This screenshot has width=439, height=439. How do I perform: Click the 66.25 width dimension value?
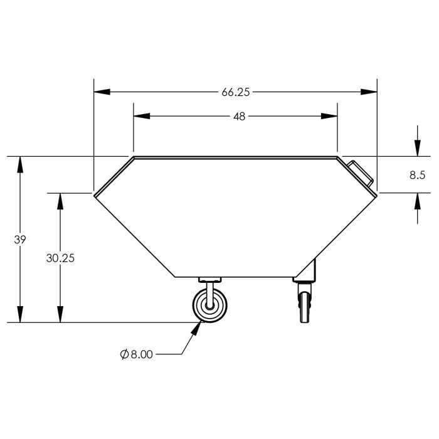pos(235,92)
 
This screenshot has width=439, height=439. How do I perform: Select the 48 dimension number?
pos(240,117)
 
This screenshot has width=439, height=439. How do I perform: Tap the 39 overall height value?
pos(20,240)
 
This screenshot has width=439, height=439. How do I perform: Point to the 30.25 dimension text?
pos(60,258)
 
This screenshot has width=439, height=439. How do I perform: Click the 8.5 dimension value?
pos(418,175)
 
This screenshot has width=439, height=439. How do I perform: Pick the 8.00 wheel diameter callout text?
pos(142,354)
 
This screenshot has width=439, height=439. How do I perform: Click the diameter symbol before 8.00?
pos(124,354)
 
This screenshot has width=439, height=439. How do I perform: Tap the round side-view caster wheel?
pos(209,305)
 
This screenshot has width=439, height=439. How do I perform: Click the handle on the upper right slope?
pos(361,173)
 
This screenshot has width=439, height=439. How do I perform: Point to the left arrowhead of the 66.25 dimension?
pos(102,92)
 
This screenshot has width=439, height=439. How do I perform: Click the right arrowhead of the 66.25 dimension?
pos(369,92)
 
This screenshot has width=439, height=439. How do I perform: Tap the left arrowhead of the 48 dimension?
pos(142,116)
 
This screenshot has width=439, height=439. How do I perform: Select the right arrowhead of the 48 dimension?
pos(329,116)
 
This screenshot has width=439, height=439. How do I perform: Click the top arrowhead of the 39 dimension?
pos(20,165)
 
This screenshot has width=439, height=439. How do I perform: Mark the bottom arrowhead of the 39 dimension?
pos(20,314)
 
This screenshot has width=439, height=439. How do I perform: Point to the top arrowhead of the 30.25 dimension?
pos(60,201)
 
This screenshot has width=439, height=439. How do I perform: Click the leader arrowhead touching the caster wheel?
pos(196,328)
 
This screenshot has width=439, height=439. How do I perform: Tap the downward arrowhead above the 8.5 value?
pos(418,148)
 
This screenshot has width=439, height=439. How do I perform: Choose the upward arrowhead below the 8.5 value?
pos(418,201)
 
